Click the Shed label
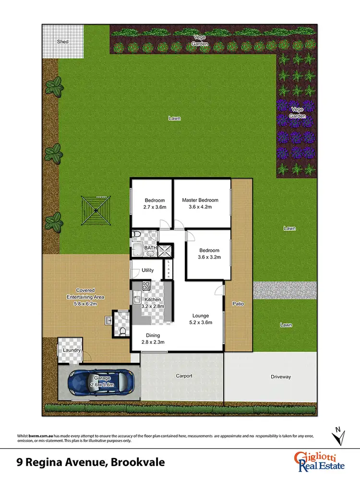point(62,42)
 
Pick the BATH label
point(151,248)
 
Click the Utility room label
point(148,270)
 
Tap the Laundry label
point(72,350)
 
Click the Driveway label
point(280,377)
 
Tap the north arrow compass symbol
point(338,436)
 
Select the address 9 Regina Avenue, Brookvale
point(91,463)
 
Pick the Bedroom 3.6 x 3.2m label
point(209,253)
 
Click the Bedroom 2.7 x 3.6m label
point(155,204)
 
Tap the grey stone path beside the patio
point(285,290)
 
